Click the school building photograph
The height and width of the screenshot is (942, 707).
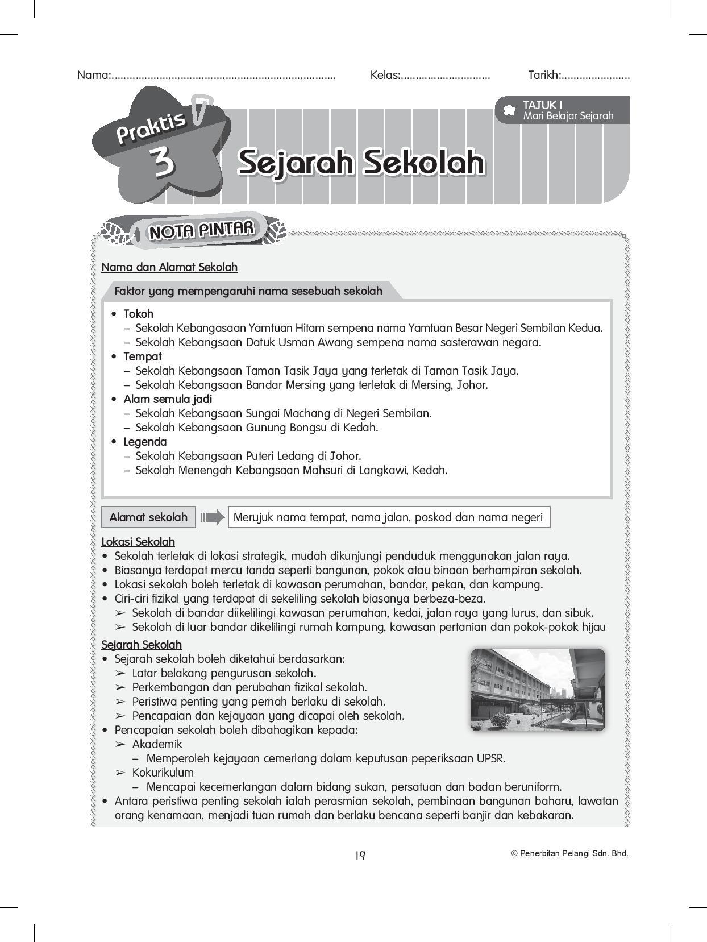coord(537,689)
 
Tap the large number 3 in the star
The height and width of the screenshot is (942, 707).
coord(163,163)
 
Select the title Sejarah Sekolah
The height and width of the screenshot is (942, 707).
coord(361,163)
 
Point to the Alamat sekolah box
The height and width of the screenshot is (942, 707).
coord(148,517)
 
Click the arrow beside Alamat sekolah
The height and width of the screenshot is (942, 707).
coord(212,517)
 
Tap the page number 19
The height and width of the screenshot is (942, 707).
coord(360,855)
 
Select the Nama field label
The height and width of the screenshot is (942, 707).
coord(94,75)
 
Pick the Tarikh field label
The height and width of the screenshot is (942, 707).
coord(544,75)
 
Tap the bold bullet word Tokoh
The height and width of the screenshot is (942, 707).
coord(139,314)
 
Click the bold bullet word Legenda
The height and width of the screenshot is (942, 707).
coord(145,442)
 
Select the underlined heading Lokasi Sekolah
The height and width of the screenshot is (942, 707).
coord(138,542)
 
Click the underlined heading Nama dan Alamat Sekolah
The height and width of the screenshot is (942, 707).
coord(169,267)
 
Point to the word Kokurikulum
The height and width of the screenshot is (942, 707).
coord(163,773)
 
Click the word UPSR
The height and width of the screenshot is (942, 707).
coord(490,758)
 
